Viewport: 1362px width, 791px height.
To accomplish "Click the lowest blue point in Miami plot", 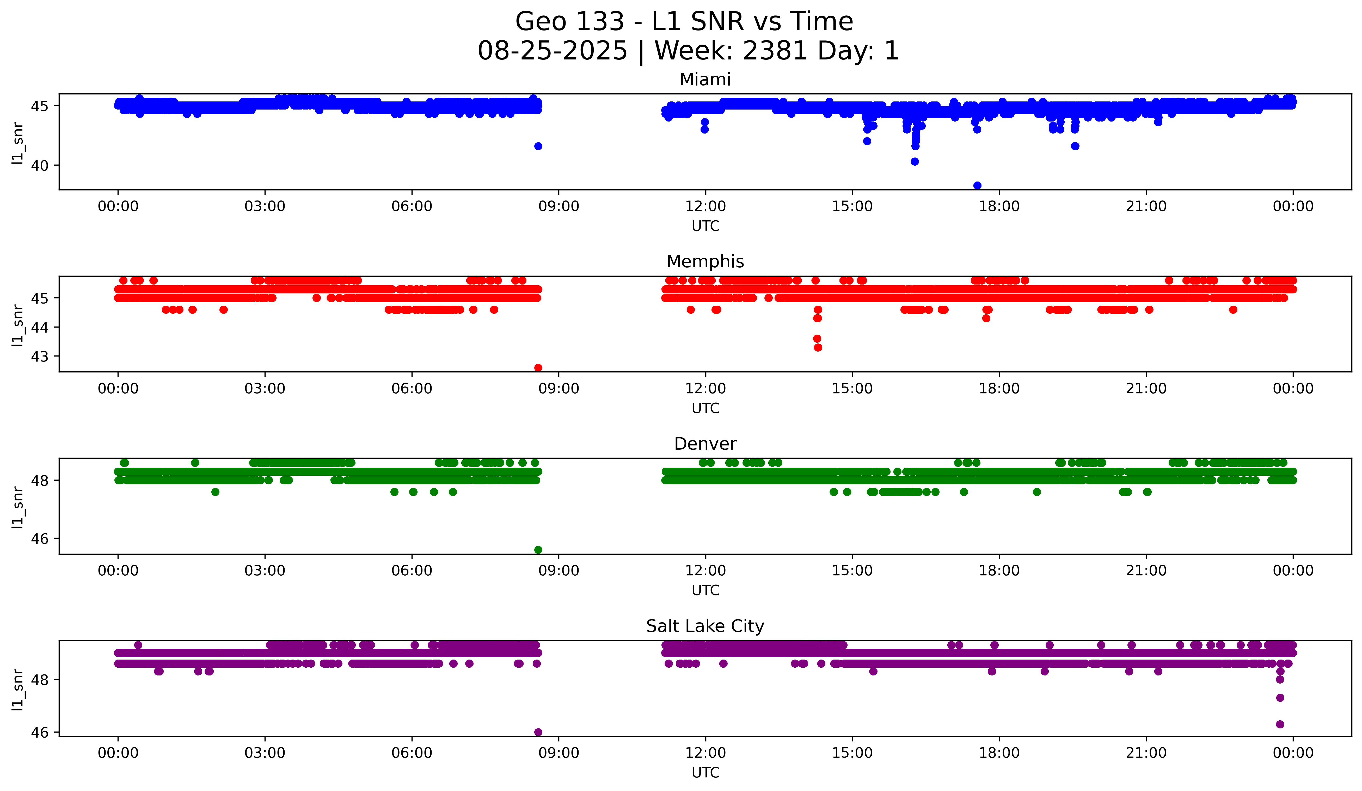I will coord(977,185).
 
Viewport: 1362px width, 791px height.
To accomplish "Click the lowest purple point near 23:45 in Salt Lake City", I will coord(1280,724).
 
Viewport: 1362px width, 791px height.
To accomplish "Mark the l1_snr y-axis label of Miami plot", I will coord(18,143).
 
